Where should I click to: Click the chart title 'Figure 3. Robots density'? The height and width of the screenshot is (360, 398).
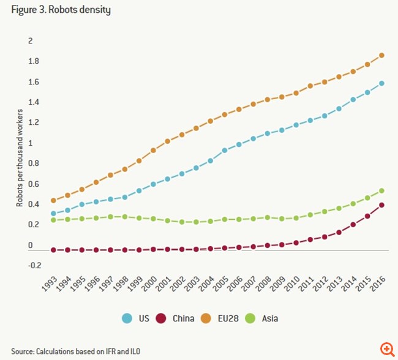pos(61,10)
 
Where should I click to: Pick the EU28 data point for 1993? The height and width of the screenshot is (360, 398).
pos(53,200)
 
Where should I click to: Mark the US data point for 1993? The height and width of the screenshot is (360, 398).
pos(53,214)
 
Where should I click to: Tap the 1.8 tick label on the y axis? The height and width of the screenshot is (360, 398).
pos(34,61)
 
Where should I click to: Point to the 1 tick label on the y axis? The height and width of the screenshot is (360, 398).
pos(29,143)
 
